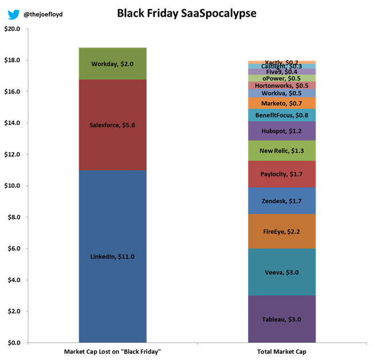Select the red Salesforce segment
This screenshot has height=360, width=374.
(112, 125)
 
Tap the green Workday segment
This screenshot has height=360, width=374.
(112, 64)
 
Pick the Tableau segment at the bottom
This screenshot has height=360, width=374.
(282, 319)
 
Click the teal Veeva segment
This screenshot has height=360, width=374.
(282, 272)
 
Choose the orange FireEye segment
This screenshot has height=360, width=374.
(282, 231)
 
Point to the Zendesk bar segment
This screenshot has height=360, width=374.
(282, 201)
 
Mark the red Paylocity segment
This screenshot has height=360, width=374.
(282, 174)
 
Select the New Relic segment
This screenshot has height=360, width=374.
(282, 151)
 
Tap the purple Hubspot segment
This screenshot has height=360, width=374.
(282, 131)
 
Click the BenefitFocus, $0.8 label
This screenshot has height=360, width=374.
(282, 115)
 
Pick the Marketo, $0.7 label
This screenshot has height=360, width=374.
(282, 103)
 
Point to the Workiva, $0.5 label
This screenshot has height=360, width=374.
(282, 93)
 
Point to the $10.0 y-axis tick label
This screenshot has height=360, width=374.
(11, 186)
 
